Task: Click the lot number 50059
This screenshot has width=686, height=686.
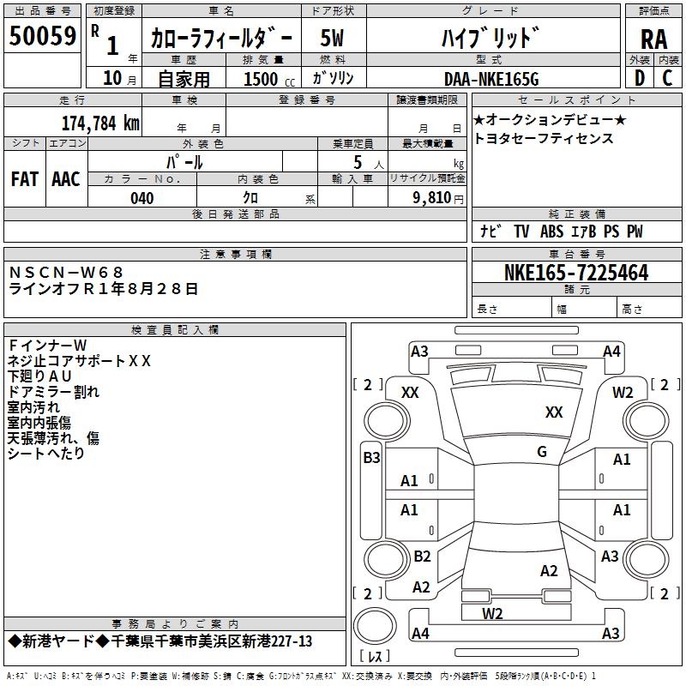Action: tap(42, 37)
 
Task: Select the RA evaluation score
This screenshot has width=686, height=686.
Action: tap(653, 39)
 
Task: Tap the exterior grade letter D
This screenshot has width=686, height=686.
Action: tap(639, 77)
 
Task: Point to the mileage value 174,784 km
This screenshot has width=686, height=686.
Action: tap(100, 123)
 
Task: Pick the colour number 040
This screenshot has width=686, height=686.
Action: tap(142, 198)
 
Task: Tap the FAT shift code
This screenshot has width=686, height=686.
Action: tap(25, 179)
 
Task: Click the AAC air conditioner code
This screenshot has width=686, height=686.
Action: tap(66, 179)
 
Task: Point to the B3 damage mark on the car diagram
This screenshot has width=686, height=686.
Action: tap(371, 458)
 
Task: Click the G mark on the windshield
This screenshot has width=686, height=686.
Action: tap(542, 452)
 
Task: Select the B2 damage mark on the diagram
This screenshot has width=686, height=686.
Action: tap(422, 557)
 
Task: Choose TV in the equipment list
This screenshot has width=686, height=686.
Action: tap(521, 232)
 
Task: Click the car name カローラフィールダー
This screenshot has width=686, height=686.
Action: tap(221, 39)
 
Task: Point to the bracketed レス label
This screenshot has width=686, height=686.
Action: tap(375, 658)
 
